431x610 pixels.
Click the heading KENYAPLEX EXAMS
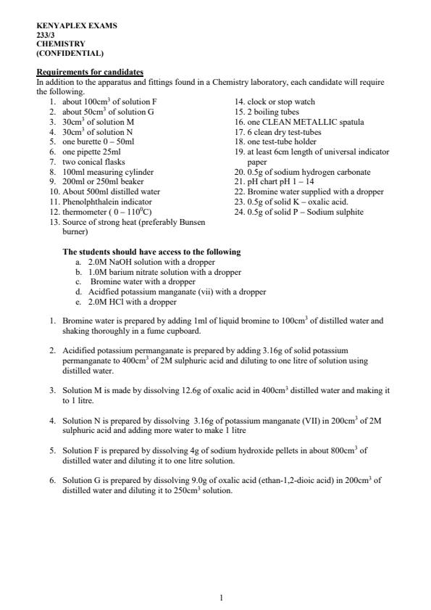[76, 25]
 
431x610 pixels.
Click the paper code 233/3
[45, 35]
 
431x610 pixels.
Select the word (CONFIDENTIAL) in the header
[70, 54]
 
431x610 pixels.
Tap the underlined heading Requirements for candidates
[90, 72]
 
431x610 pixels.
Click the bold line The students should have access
[151, 252]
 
